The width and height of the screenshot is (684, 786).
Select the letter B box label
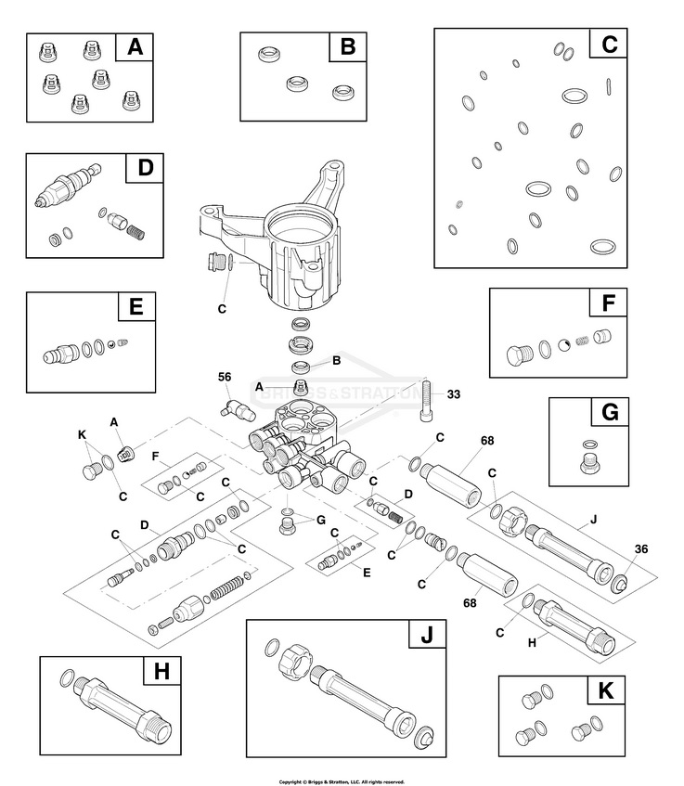coord(347,47)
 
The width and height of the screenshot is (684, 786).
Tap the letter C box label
coord(609,44)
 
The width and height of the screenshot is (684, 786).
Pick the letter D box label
coord(145,170)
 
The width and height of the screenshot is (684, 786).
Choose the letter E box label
coord(136,307)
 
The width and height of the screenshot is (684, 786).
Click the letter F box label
coord(608,303)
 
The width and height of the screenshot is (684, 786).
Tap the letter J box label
coord(427,637)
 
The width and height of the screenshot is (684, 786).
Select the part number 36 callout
coord(641,548)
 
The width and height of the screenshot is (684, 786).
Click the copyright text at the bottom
coord(342,780)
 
